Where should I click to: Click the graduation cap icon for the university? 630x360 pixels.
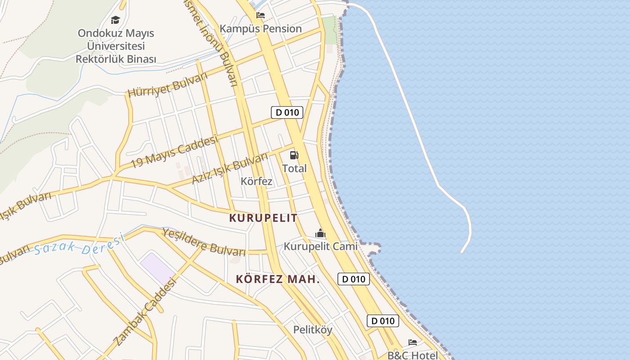[x=116, y=20]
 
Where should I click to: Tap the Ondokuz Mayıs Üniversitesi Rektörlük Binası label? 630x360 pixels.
[x=116, y=46]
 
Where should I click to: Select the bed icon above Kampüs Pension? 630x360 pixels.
[x=260, y=15]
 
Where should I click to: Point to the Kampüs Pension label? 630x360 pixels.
[x=261, y=29]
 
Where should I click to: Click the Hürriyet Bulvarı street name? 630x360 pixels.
[x=167, y=85]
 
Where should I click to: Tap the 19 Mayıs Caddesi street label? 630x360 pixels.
[x=174, y=152]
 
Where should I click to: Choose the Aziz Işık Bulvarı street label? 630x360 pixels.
[x=229, y=168]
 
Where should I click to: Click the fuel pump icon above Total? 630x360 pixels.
[x=294, y=155]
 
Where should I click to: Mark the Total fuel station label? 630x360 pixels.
[x=294, y=168]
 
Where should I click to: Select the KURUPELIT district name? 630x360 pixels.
[x=263, y=218]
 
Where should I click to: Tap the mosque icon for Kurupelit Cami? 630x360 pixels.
[x=320, y=233]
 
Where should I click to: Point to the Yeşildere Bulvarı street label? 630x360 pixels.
[x=204, y=242]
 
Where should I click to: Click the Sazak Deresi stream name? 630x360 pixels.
[x=79, y=245]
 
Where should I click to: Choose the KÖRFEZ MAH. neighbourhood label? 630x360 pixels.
[x=278, y=279]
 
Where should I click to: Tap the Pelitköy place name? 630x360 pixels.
[x=313, y=330]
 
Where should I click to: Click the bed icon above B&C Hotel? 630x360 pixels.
[x=412, y=342]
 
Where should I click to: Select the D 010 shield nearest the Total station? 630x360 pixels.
[x=287, y=112]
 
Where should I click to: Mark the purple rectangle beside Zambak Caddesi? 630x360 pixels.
[x=157, y=268]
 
